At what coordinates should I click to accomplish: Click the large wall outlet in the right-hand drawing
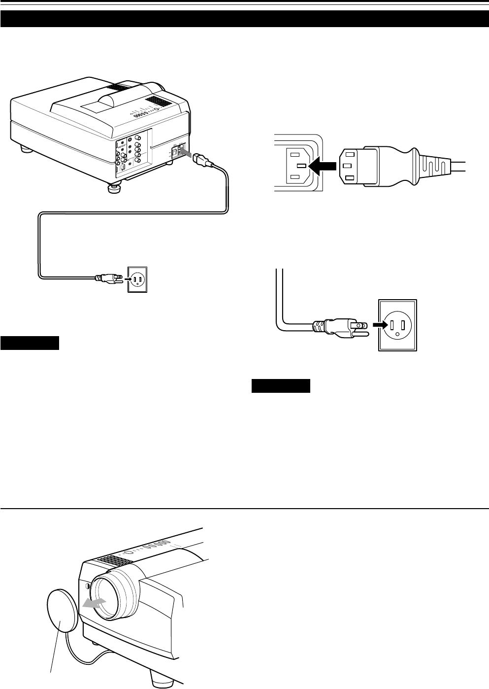(397, 325)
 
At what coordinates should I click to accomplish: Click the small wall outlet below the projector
(137, 279)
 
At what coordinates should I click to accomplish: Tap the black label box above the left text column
(30, 343)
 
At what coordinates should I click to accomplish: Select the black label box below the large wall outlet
(281, 385)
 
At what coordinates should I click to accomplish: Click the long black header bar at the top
(244, 18)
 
